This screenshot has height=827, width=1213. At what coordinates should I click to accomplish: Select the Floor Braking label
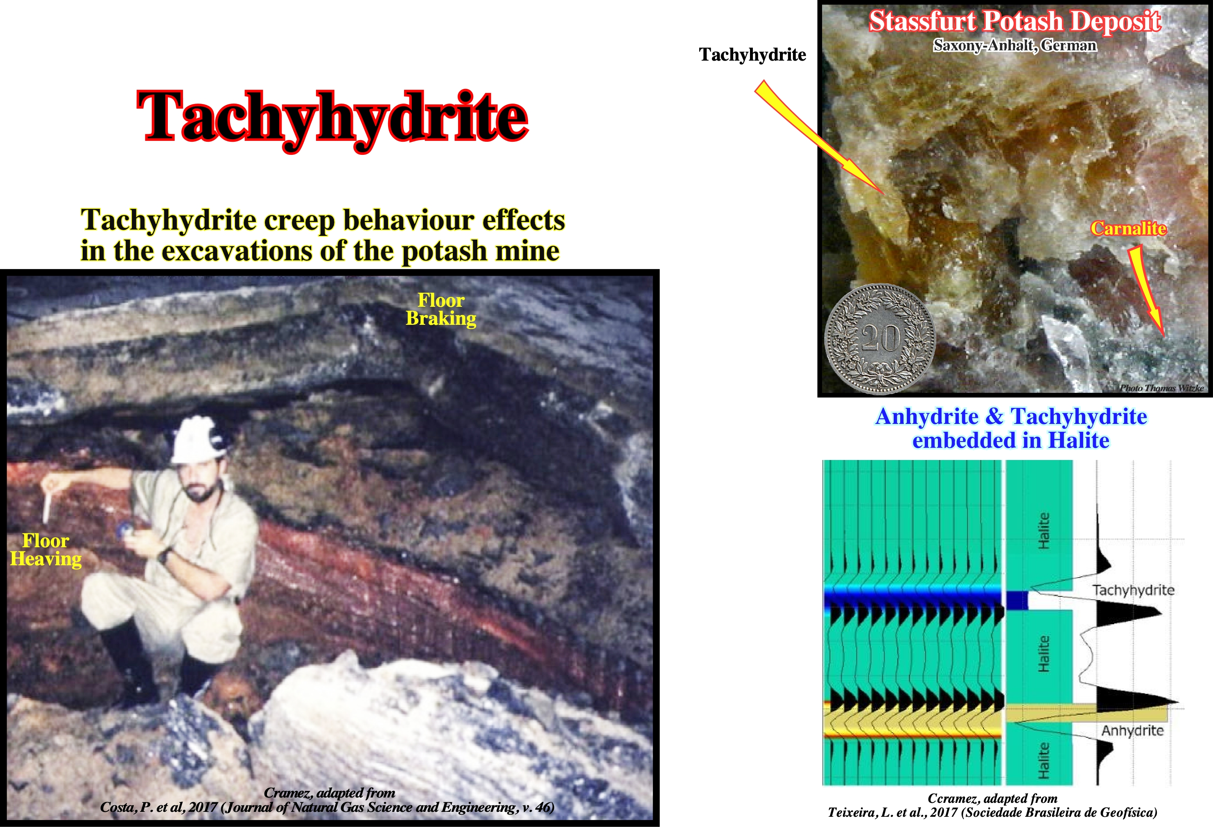441,309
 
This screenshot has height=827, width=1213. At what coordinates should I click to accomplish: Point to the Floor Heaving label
46,550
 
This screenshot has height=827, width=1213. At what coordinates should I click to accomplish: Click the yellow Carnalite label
1128,228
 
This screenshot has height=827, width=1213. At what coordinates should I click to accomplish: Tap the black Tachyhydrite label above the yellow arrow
752,55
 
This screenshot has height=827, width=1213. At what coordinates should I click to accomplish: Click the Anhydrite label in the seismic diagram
1132,730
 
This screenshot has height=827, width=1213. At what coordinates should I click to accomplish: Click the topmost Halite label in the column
1044,530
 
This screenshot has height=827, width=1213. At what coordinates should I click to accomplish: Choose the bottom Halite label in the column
1044,760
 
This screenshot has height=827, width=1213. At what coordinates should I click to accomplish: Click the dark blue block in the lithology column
1017,600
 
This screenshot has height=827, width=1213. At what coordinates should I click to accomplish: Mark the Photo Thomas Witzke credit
1162,388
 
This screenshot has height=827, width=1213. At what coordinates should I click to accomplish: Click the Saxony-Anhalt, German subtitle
1015,45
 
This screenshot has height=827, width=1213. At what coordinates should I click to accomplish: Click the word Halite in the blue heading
1078,440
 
